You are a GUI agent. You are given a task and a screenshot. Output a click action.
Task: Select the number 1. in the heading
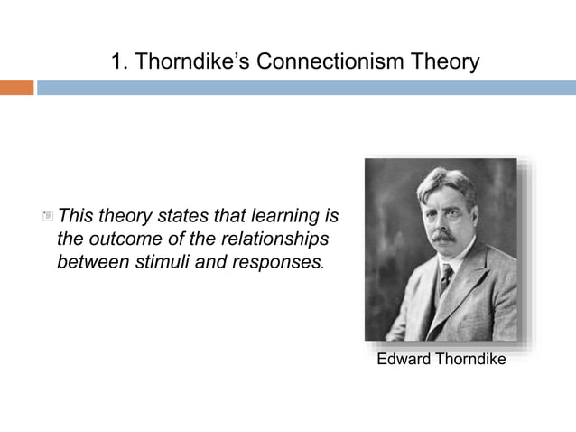119,61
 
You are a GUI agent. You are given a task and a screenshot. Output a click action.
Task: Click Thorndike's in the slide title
191,61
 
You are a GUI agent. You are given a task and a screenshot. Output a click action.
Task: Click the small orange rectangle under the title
16,88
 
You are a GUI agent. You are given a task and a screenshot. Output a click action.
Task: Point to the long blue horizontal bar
306,88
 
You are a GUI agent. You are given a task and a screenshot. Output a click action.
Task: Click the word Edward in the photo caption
404,359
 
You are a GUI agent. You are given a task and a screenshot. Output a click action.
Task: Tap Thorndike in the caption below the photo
470,359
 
